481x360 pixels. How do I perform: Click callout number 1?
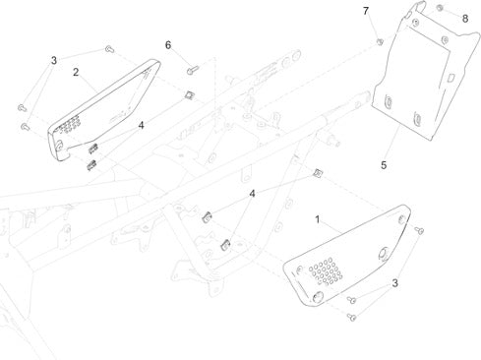[317, 219]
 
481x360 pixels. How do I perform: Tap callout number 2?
[76, 72]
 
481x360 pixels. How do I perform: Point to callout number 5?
[384, 165]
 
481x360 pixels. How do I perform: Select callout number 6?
[168, 45]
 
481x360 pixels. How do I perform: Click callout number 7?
[366, 11]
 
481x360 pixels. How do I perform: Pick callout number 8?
[465, 19]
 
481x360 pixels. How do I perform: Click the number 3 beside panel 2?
[54, 60]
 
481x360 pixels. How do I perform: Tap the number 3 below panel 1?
[395, 283]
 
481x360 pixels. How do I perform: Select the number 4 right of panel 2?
[142, 125]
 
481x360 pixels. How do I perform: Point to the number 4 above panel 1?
[252, 194]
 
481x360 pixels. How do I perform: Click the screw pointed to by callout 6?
[193, 70]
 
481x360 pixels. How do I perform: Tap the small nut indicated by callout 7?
[380, 41]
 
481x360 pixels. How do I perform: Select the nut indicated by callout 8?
[440, 7]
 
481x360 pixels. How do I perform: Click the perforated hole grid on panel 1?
[326, 271]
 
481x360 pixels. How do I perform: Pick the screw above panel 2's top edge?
[109, 49]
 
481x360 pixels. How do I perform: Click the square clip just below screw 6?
[189, 95]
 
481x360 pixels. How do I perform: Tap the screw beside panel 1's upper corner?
[419, 230]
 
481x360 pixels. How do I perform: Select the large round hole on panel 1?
[384, 253]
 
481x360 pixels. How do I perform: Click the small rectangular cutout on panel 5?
[451, 78]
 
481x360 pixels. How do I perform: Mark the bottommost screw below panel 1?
[352, 317]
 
